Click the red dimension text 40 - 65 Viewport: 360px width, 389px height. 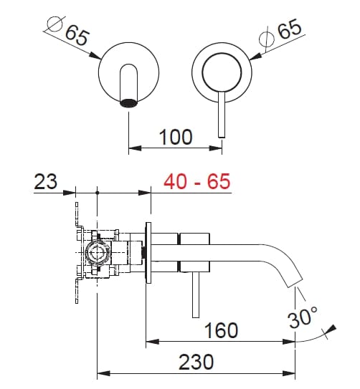pos(197,181)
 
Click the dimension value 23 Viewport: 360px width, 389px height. pos(45,181)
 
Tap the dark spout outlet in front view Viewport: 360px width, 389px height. pos(128,102)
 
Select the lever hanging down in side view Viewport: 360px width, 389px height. pos(194,294)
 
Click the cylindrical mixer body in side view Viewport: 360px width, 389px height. pos(194,252)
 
